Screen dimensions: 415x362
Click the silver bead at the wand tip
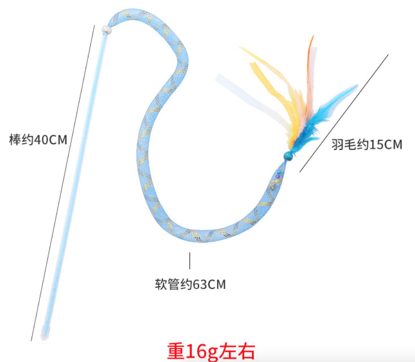tap(106, 30)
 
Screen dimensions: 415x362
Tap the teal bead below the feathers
tap(288, 156)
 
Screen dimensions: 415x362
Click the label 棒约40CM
tap(38, 140)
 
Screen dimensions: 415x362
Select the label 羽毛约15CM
tap(367, 145)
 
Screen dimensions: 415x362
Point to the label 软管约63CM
tap(190, 284)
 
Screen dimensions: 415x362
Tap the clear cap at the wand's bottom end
tap(45, 333)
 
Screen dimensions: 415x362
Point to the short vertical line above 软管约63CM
tap(190, 261)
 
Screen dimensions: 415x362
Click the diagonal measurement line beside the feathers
tap(344, 113)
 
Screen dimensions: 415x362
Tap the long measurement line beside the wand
tap(63, 183)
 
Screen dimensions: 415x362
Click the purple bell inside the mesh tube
tap(277, 176)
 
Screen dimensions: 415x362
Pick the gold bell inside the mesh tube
tap(272, 188)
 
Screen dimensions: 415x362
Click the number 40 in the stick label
tap(40, 140)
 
